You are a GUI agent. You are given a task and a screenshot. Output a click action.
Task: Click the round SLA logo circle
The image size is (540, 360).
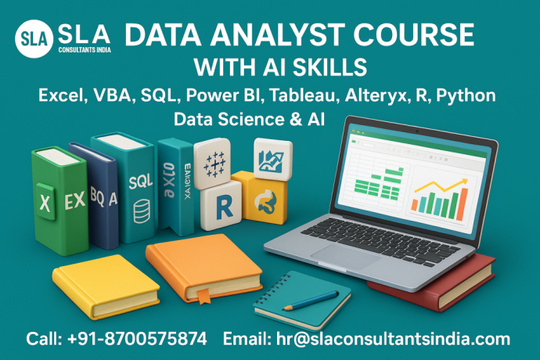click(34, 38)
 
